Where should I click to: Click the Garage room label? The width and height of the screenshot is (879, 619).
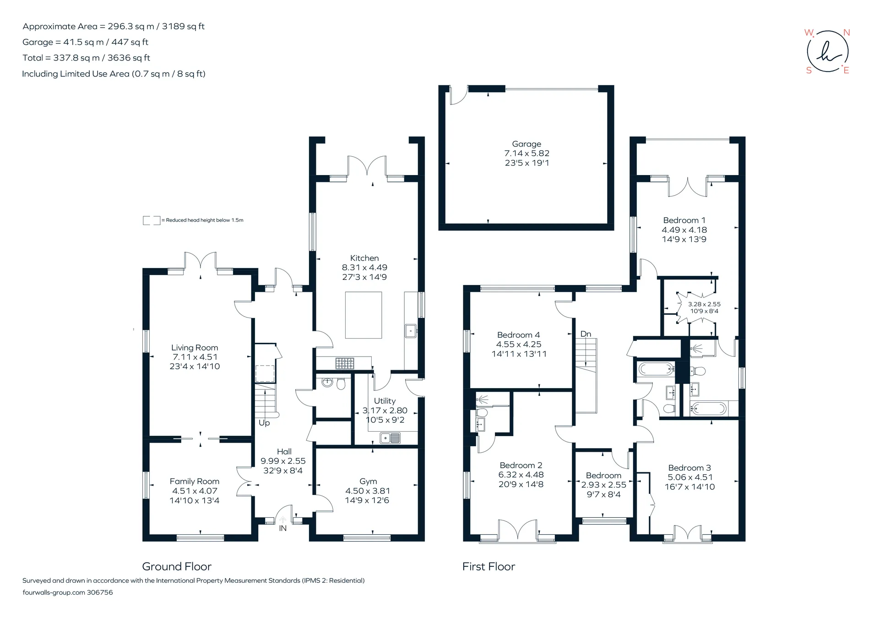(x=526, y=144)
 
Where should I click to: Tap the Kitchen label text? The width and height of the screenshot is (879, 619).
(x=364, y=258)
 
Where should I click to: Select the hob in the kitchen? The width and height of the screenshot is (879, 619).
(x=345, y=363)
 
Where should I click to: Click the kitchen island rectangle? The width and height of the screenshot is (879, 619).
(x=364, y=315)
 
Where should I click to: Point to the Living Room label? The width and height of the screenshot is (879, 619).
(x=195, y=348)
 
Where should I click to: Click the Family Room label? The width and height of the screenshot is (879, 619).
(x=195, y=481)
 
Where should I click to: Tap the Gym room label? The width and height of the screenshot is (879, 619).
(x=368, y=481)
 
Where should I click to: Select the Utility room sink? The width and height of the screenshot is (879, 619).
(x=391, y=438)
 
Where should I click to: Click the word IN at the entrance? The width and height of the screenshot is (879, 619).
(x=283, y=528)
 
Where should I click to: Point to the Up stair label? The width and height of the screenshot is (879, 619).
(x=264, y=423)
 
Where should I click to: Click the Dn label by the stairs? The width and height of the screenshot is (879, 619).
(x=586, y=334)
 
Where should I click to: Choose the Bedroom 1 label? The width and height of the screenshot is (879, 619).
(x=684, y=220)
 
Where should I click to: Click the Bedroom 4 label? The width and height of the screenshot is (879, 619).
(x=519, y=335)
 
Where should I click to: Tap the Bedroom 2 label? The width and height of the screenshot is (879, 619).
(x=521, y=466)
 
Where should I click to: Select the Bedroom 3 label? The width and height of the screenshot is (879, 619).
(x=689, y=468)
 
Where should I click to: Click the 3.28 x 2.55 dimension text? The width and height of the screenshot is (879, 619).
(x=704, y=304)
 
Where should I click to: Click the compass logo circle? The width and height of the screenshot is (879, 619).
(x=827, y=51)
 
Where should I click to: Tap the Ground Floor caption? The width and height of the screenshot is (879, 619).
(x=177, y=567)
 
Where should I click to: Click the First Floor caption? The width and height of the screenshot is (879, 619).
(x=488, y=567)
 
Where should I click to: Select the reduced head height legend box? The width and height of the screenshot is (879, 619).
(x=152, y=220)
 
